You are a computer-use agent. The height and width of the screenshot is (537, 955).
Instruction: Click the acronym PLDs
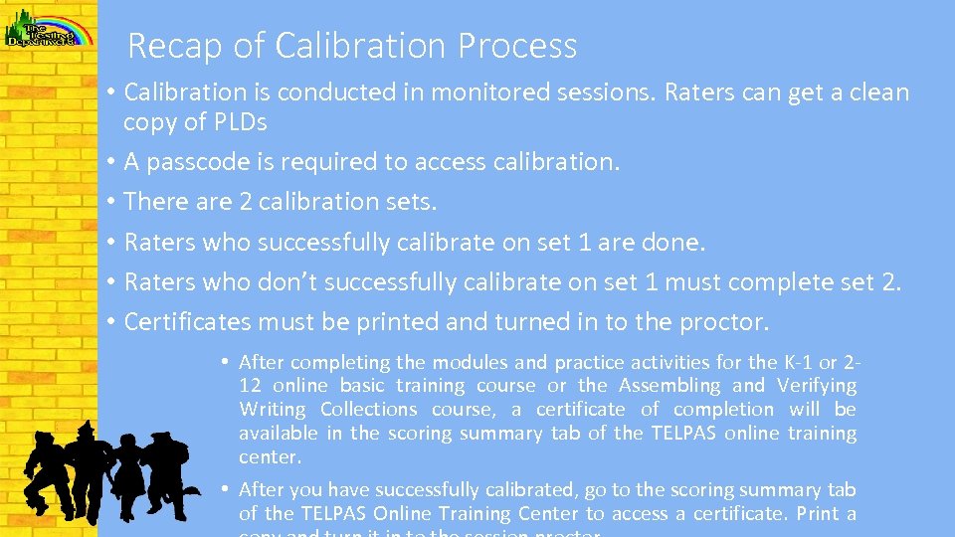point(240,122)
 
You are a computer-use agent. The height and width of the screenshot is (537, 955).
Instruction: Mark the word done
point(674,243)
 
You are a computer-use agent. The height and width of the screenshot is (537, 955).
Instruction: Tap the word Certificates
point(187,322)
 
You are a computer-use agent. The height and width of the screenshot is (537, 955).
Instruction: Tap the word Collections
point(369,410)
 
